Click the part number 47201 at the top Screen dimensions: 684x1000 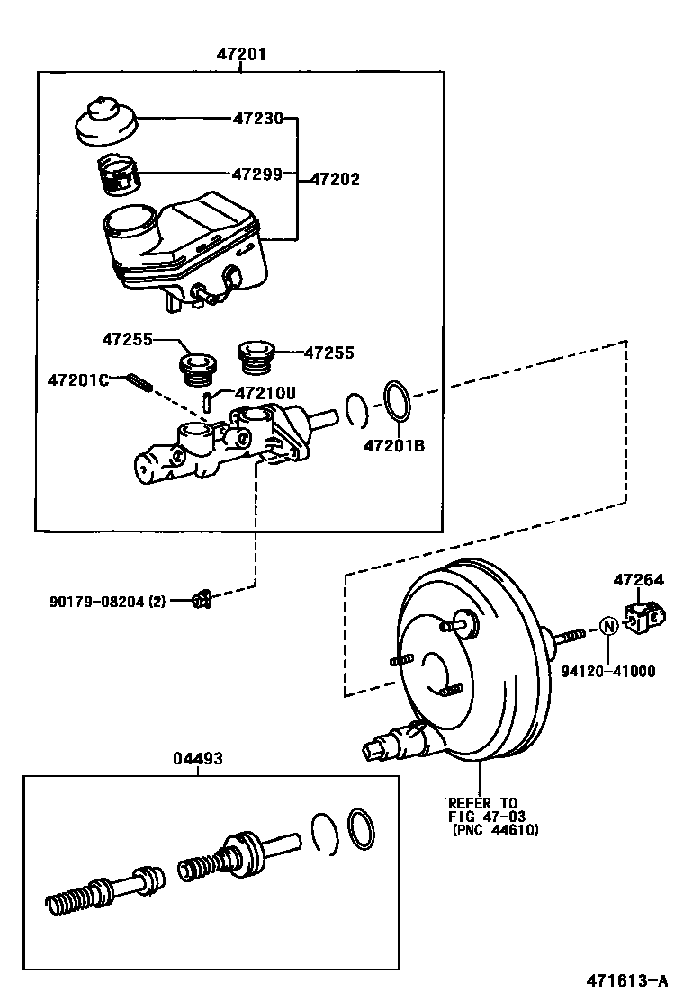click(x=240, y=54)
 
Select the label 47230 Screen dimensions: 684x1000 click(x=257, y=118)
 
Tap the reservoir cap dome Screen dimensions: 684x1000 click(x=106, y=121)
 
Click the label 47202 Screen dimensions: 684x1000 click(x=335, y=179)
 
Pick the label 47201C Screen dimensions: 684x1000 click(x=77, y=380)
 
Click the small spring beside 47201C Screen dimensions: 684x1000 click(x=140, y=383)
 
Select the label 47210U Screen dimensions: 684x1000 click(x=265, y=393)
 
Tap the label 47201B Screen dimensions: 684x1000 click(x=393, y=445)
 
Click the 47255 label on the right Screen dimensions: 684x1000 click(x=328, y=353)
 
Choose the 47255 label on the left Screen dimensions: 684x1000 click(x=127, y=339)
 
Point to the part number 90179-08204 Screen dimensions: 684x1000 click(x=98, y=600)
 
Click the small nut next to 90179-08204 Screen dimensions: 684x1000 click(x=202, y=600)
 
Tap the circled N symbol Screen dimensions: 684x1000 click(x=608, y=626)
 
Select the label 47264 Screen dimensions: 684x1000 click(x=639, y=579)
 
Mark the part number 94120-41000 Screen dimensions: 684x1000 click(x=608, y=671)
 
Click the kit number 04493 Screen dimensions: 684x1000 click(x=198, y=758)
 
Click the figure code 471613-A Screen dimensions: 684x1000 click(x=627, y=980)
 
